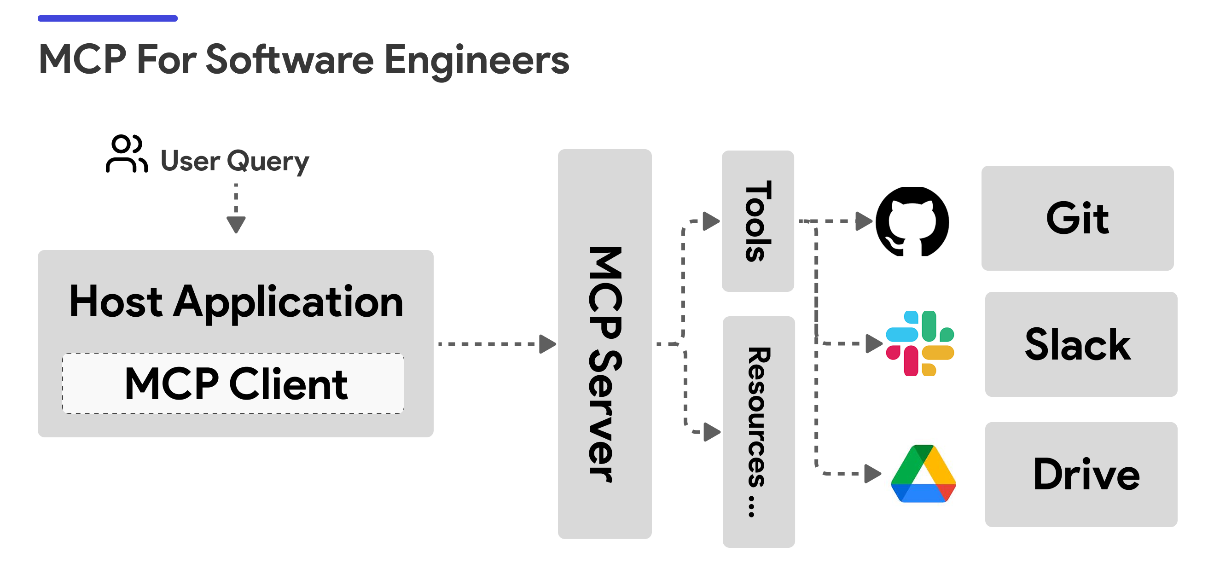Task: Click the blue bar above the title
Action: tap(107, 18)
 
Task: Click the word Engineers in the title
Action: tap(476, 60)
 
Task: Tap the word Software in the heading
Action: tap(290, 60)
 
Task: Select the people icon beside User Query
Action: tap(126, 154)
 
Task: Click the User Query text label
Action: tap(235, 161)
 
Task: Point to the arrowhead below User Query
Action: tap(236, 224)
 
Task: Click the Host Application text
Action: tap(236, 302)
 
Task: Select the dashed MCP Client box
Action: tap(233, 383)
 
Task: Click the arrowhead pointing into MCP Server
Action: tap(546, 344)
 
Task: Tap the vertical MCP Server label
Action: tap(604, 363)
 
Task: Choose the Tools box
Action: tap(757, 221)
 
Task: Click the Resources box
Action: tap(758, 431)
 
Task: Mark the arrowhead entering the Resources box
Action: tap(712, 431)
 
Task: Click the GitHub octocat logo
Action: tap(912, 221)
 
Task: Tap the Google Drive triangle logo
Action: tap(923, 474)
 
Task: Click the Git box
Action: tap(1077, 218)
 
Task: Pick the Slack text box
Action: tap(1080, 344)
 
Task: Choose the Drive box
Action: tap(1080, 474)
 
